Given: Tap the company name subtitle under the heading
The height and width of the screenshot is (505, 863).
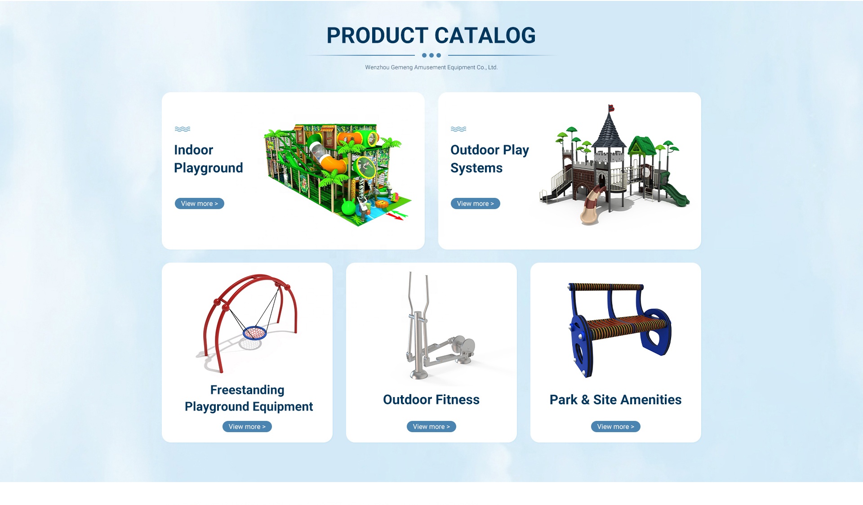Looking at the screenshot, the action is click(431, 67).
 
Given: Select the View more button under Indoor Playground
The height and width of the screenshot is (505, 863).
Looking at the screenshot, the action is click(200, 204).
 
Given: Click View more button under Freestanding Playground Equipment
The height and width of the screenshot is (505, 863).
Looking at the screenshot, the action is click(247, 427).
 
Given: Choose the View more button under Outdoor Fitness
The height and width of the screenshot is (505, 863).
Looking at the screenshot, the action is click(431, 427).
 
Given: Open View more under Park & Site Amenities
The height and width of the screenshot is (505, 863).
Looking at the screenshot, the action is click(616, 427).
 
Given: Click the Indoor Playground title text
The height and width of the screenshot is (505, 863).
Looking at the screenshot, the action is click(209, 159).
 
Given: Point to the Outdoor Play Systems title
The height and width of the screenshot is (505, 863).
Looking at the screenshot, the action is click(489, 159).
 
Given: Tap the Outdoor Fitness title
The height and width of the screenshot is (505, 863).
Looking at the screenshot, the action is click(431, 400).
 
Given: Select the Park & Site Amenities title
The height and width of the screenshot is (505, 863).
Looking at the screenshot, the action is click(616, 400).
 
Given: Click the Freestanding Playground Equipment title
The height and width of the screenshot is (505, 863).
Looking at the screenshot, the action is click(249, 398).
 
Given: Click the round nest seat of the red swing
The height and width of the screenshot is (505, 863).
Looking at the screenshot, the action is click(255, 333).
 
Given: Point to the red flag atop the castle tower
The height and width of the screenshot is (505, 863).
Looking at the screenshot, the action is click(611, 108).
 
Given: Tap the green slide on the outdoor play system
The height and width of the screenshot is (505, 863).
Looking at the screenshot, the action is click(674, 195).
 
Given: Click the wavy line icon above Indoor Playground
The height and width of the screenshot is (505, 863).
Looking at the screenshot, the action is click(182, 129).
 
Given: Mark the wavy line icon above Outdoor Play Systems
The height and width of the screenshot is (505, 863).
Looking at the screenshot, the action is click(458, 129).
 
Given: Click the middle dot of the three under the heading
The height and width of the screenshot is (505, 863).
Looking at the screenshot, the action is click(431, 55).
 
